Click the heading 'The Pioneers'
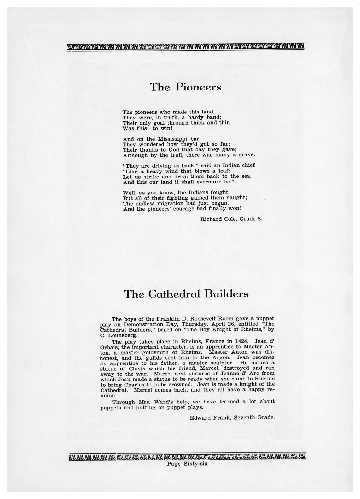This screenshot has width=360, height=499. pos(185,87)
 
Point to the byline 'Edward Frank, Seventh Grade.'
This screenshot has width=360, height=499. pos(232,418)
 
